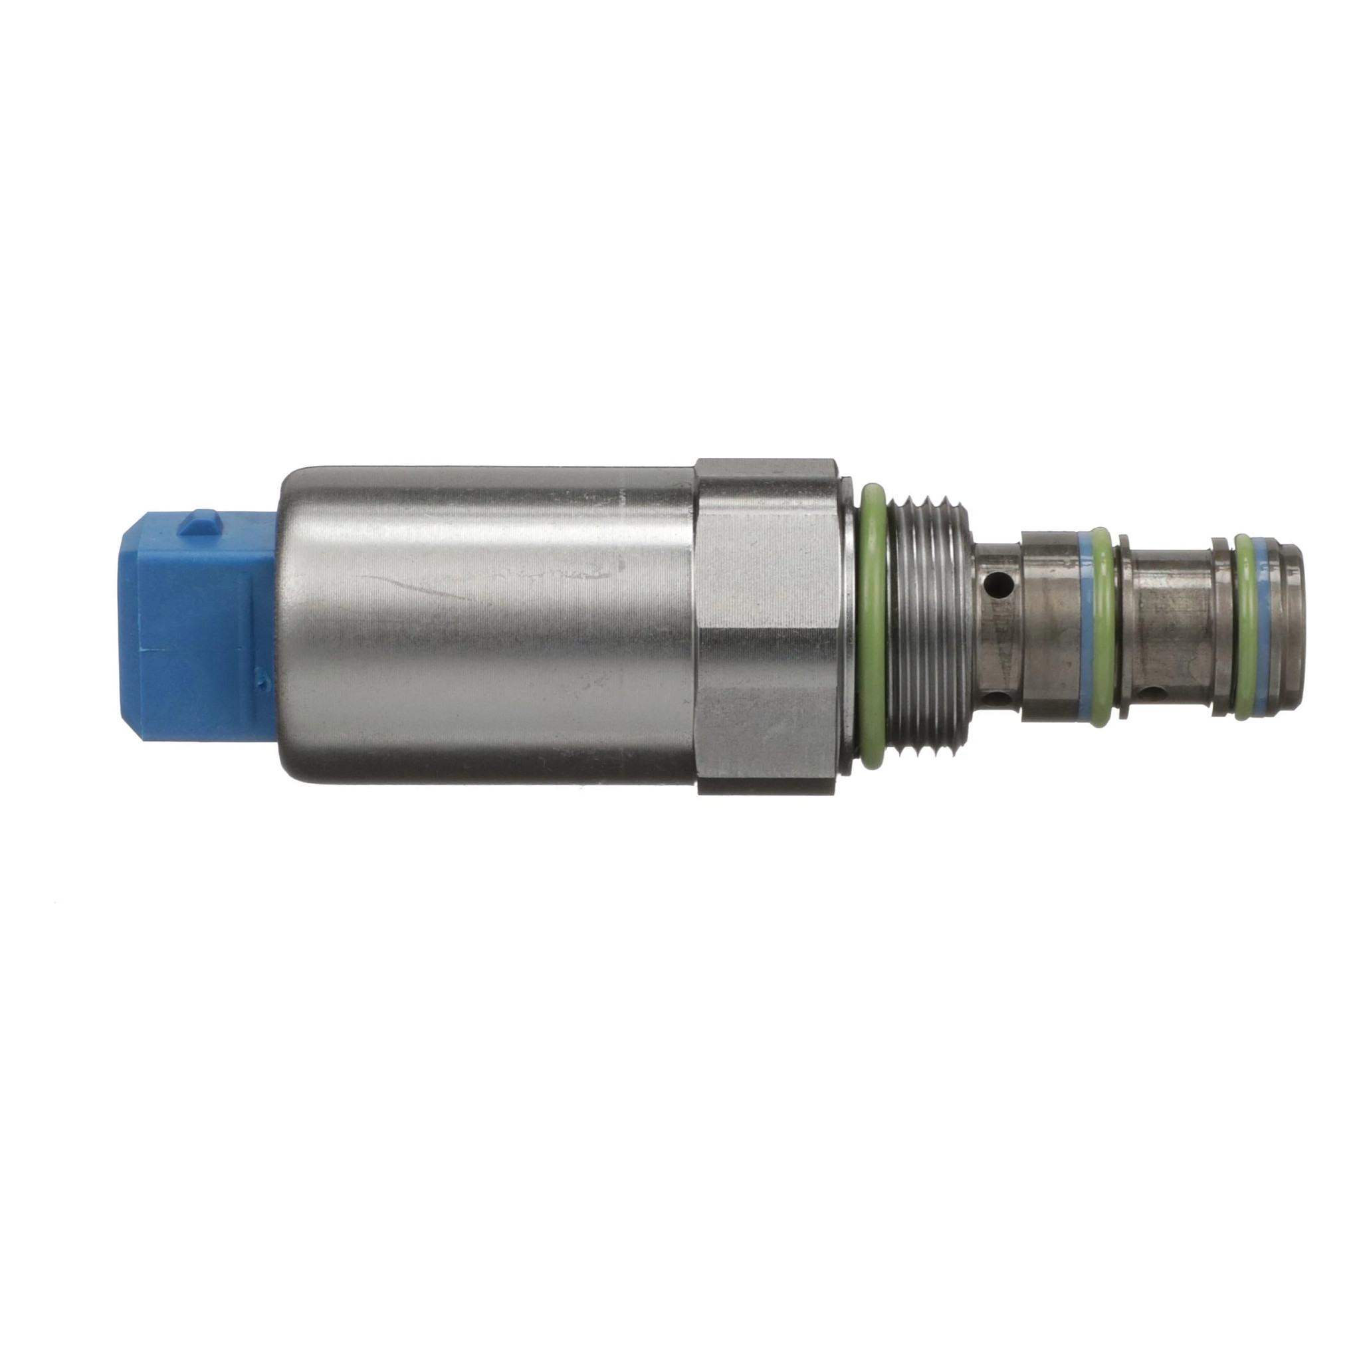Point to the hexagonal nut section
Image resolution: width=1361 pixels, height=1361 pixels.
pos(768,627)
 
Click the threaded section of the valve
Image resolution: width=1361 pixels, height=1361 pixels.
pos(930,627)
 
